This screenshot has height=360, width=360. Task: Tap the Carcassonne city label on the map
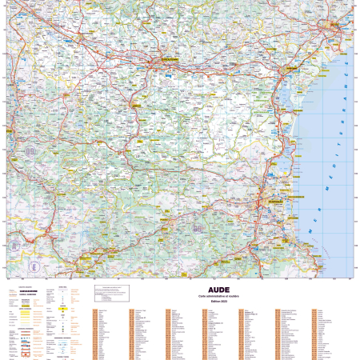click(x=167, y=59)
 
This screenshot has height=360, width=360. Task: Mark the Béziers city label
click(x=331, y=24)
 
